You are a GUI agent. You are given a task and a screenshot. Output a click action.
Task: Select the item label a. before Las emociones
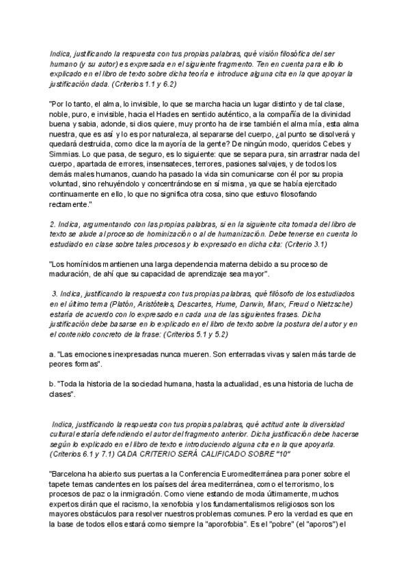tap(52, 354)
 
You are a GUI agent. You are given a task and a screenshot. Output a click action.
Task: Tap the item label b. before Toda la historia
tap(52, 384)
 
